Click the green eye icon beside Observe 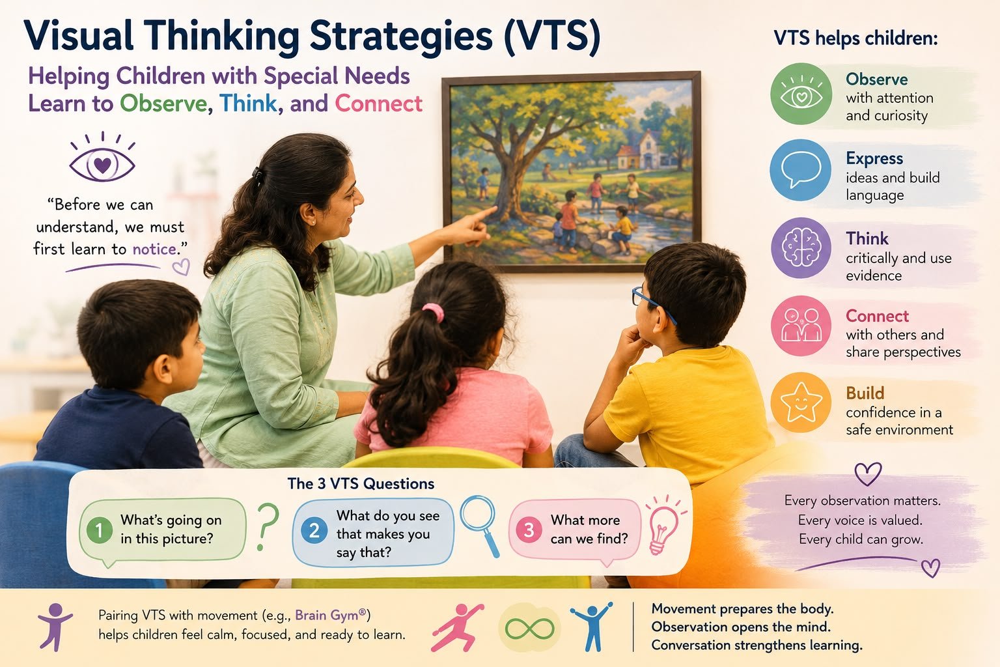tap(801, 94)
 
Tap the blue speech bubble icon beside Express tap(800, 170)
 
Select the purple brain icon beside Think tap(801, 248)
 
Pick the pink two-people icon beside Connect tap(801, 326)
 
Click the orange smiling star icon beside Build tap(801, 403)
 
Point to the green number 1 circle tap(99, 530)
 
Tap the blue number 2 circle tap(314, 530)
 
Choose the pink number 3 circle tap(529, 530)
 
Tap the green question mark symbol tap(268, 527)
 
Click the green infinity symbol tap(529, 629)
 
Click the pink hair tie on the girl tap(434, 312)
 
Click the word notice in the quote tap(154, 249)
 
